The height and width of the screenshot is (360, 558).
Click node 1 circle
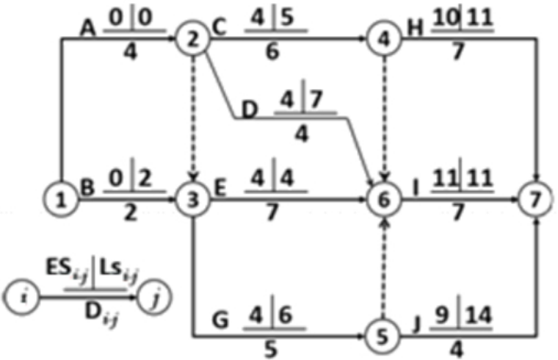tap(61, 199)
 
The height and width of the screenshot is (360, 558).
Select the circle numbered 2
tap(193, 38)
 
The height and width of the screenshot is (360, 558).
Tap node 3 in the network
tap(193, 199)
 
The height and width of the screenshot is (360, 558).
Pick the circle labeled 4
tap(383, 38)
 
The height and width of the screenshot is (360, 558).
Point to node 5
tap(383, 336)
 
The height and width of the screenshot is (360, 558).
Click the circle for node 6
tap(383, 199)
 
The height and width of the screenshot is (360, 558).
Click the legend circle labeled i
tap(21, 297)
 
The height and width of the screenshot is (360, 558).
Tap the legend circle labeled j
tap(155, 297)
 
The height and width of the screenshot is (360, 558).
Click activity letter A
tap(87, 29)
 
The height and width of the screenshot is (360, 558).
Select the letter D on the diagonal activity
tap(249, 109)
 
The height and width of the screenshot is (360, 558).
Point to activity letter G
tap(220, 320)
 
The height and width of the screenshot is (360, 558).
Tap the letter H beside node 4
tap(416, 28)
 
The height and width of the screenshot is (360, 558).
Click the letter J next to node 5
tap(417, 324)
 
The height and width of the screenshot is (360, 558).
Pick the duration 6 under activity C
tap(272, 52)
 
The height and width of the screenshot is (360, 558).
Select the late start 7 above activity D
tap(316, 99)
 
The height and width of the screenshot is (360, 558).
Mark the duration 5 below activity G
tap(271, 349)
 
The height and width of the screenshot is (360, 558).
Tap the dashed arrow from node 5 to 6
tap(383, 268)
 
